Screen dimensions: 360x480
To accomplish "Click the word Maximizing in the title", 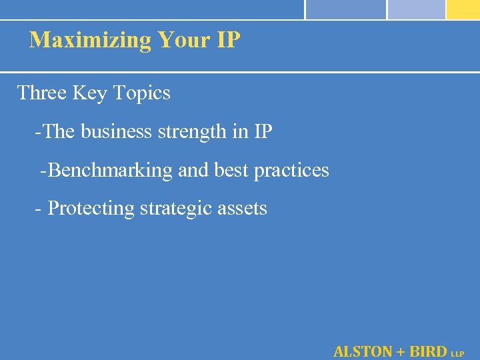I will coord(91,41).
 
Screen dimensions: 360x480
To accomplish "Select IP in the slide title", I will coord(228,40).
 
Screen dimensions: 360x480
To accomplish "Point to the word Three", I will coord(41,93).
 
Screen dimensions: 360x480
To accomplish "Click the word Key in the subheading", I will coord(89,93).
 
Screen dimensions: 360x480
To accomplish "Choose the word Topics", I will coord(142,93).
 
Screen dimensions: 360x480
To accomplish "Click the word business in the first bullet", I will coord(117,132).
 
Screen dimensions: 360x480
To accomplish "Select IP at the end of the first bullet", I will coord(263,132).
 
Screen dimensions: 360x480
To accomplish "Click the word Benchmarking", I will coord(111,171).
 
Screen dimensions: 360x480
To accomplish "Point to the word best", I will coord(231,171).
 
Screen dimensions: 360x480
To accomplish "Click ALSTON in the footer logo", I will coord(362,351).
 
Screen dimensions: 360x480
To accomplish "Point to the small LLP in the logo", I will coord(457,353).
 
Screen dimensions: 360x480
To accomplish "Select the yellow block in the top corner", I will coord(463,9).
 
